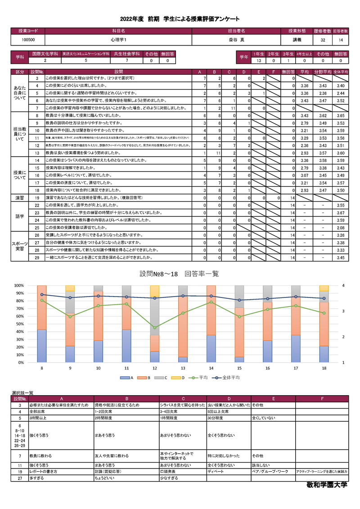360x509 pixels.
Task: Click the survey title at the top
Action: [x=180, y=19]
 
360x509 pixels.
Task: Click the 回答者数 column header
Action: [x=340, y=31]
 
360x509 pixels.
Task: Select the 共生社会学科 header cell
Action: [x=127, y=54]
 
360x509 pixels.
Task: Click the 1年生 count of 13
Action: [x=259, y=60]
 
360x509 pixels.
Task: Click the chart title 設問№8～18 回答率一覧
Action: [x=180, y=274]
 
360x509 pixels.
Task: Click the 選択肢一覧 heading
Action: [x=22, y=393]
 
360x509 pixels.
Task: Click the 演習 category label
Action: [x=20, y=198]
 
